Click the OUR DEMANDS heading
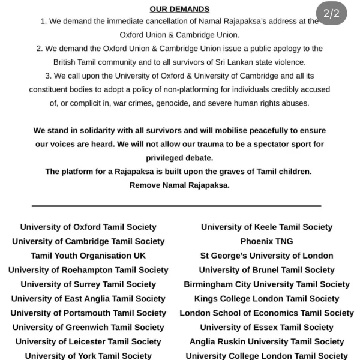pyautogui.click(x=179, y=9)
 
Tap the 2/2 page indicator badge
pyautogui.click(x=331, y=14)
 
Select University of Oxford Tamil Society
pyautogui.click(x=88, y=227)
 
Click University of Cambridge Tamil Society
pyautogui.click(x=88, y=241)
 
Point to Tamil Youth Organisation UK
pyautogui.click(x=88, y=256)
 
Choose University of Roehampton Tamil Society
pyautogui.click(x=88, y=270)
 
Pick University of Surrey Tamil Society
pyautogui.click(x=88, y=284)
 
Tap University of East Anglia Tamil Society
pyautogui.click(x=88, y=298)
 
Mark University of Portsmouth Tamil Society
pyautogui.click(x=88, y=313)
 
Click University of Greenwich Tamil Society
pyautogui.click(x=88, y=327)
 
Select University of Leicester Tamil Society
pyautogui.click(x=88, y=341)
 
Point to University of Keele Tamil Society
pyautogui.click(x=266, y=227)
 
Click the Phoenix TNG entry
pyautogui.click(x=266, y=241)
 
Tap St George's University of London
pyautogui.click(x=266, y=256)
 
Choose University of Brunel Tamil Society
pyautogui.click(x=266, y=270)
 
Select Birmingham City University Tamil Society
pyautogui.click(x=266, y=284)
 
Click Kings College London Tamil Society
pyautogui.click(x=266, y=298)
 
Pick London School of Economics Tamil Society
pyautogui.click(x=266, y=313)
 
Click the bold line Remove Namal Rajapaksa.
pyautogui.click(x=179, y=185)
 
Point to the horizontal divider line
pyautogui.click(x=176, y=206)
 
